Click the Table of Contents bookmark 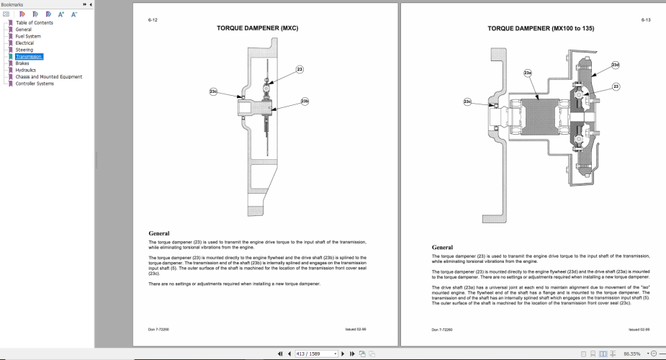pyautogui.click(x=34, y=23)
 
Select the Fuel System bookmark pyautogui.click(x=28, y=36)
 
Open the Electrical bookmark pyautogui.click(x=24, y=43)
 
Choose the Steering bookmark pyautogui.click(x=24, y=50)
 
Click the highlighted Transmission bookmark pyautogui.click(x=29, y=56)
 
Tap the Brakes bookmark pyautogui.click(x=22, y=63)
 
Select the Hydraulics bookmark pyautogui.click(x=26, y=70)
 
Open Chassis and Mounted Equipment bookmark pyautogui.click(x=48, y=76)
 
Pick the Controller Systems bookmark pyautogui.click(x=35, y=84)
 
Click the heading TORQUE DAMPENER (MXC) pyautogui.click(x=257, y=28)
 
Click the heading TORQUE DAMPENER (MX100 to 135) pyautogui.click(x=541, y=28)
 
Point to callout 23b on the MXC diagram pyautogui.click(x=305, y=102)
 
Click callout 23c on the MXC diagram pyautogui.click(x=213, y=91)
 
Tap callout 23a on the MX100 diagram pyautogui.click(x=528, y=73)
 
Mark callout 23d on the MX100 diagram pyautogui.click(x=615, y=65)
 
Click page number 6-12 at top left pyautogui.click(x=153, y=20)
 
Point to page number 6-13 pyautogui.click(x=645, y=20)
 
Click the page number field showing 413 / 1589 pyautogui.click(x=317, y=354)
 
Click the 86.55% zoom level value pyautogui.click(x=632, y=354)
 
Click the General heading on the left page pyautogui.click(x=159, y=233)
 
